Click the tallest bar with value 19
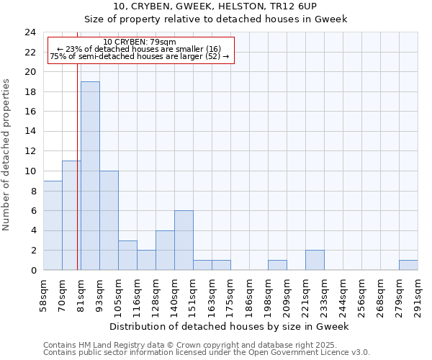point(90,176)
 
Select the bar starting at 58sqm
point(53,225)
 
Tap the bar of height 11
point(71,215)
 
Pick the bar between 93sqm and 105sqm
point(109,220)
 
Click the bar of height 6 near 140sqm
point(184,240)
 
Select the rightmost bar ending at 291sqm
point(408,265)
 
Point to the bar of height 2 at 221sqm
point(315,260)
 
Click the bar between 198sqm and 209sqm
point(277,265)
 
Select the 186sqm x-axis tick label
point(249,294)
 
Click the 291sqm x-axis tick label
point(418,294)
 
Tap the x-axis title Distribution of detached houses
point(230,326)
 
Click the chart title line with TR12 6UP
point(216,6)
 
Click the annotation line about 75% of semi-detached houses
point(140,56)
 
